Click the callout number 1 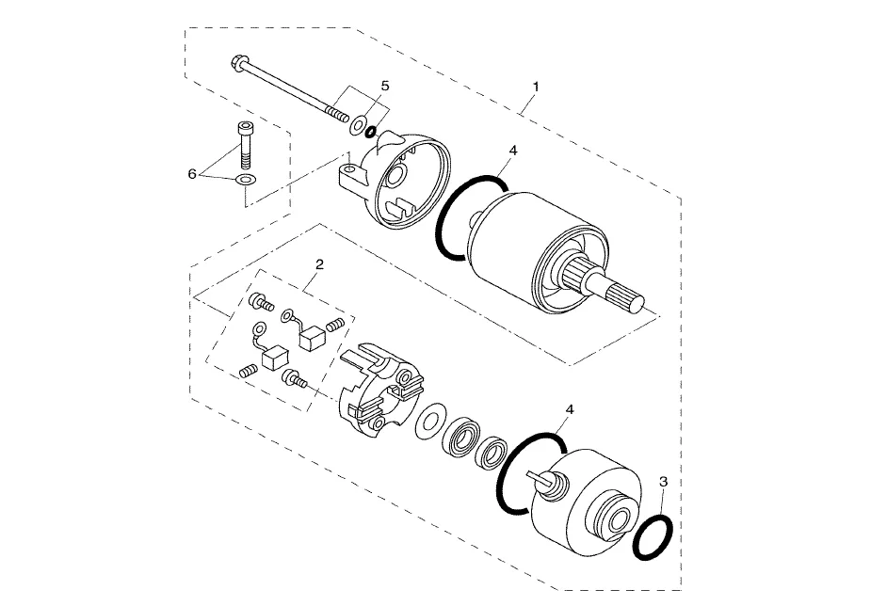point(535,88)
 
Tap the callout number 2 point(319,264)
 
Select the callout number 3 point(664,482)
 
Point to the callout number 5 point(385,86)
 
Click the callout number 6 point(192,174)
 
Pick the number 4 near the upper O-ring point(513,151)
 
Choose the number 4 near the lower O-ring point(570,409)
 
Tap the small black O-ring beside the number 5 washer point(371,132)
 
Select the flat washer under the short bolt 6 point(246,181)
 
